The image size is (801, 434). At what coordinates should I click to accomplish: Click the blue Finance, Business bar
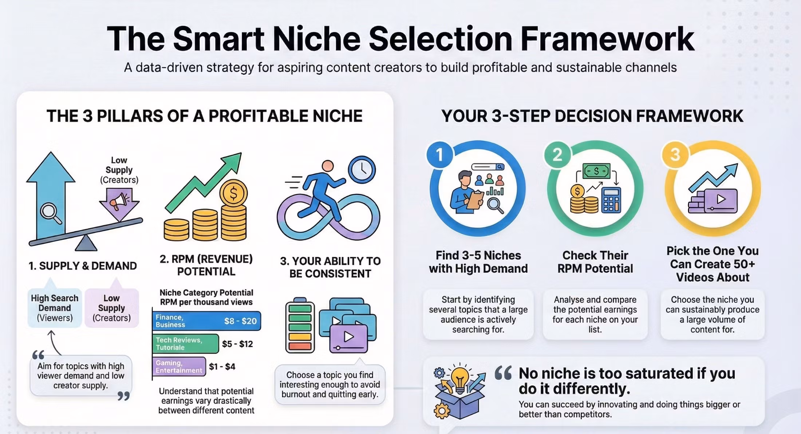(206, 321)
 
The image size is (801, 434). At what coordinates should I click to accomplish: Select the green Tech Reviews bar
(186, 344)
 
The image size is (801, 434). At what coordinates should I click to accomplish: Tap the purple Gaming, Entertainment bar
(179, 366)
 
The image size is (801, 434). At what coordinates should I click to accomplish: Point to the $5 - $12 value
(237, 344)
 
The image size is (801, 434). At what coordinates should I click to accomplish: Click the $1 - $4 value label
(222, 366)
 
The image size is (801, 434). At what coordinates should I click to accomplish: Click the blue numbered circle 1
(440, 154)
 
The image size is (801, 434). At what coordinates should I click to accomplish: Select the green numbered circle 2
(557, 154)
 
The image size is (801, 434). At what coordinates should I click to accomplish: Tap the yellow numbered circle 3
(675, 154)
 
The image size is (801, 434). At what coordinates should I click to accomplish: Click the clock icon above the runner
(362, 170)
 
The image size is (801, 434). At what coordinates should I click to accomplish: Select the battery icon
(300, 325)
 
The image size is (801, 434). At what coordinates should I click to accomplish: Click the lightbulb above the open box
(460, 379)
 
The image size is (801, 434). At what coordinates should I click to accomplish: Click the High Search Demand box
(55, 308)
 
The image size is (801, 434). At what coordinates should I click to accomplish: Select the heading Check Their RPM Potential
(595, 262)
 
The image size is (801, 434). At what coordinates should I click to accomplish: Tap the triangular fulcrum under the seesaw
(86, 243)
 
